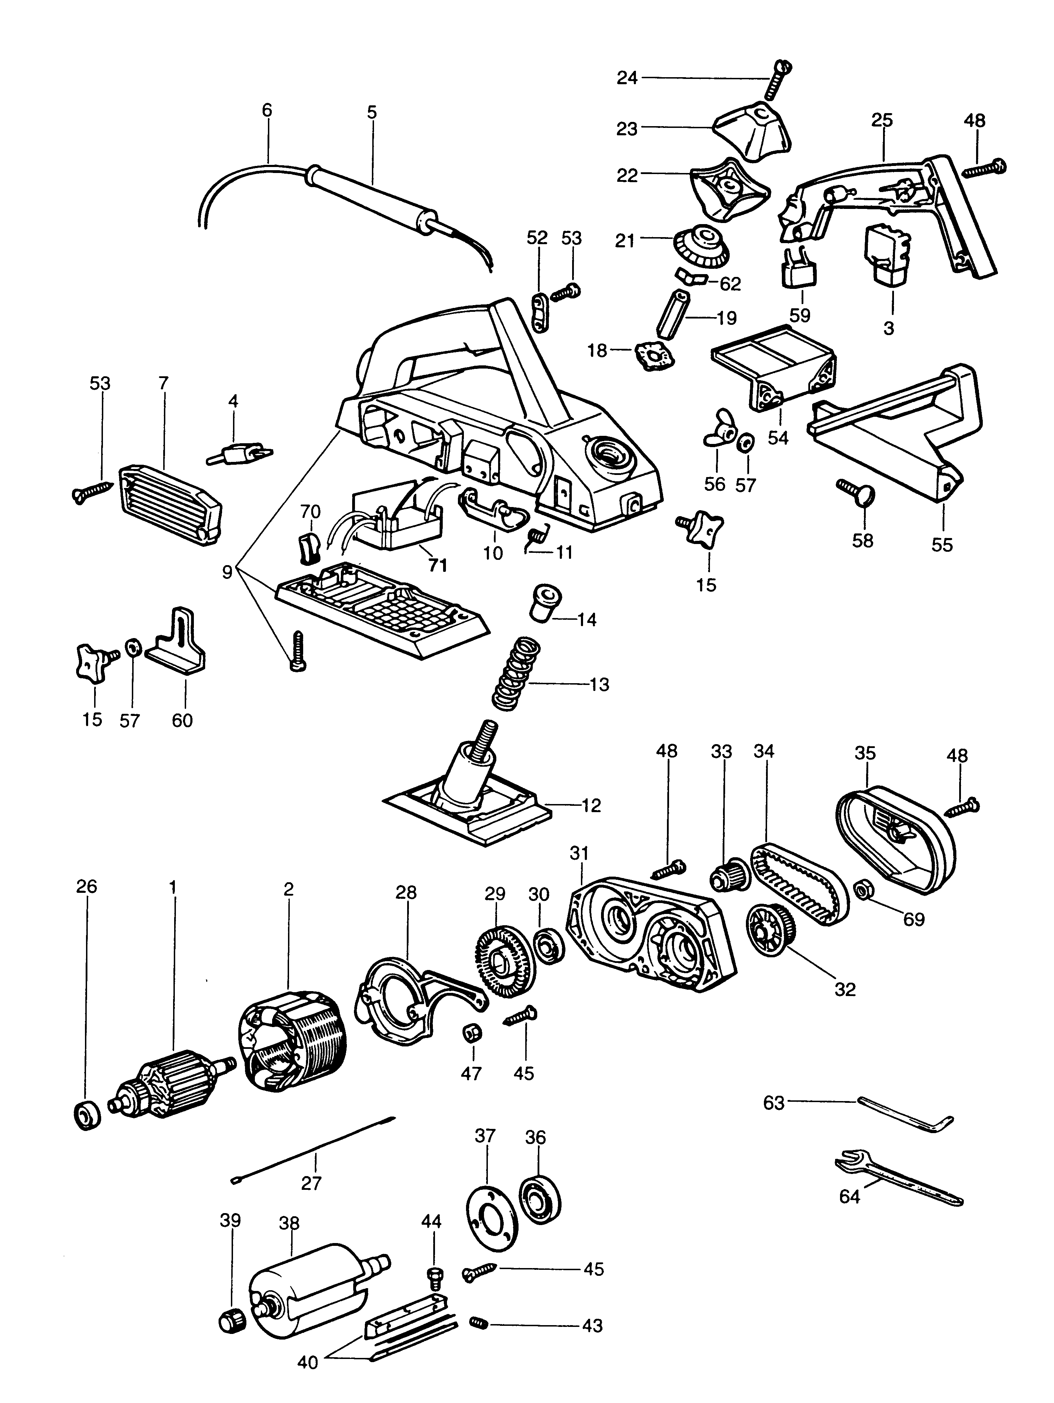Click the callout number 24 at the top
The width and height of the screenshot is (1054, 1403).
tap(627, 79)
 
